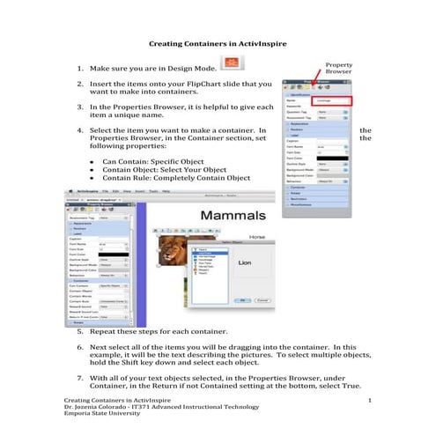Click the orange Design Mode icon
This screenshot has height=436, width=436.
pos(231,63)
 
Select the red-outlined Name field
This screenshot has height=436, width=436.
pos(335,101)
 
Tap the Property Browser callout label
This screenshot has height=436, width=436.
pos(339,68)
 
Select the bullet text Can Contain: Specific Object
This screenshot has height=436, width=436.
pos(152,162)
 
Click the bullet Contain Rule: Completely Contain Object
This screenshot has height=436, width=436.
pos(176,178)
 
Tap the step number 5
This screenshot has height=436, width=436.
pos(81,331)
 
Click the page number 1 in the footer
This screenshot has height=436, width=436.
pos(371,401)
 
